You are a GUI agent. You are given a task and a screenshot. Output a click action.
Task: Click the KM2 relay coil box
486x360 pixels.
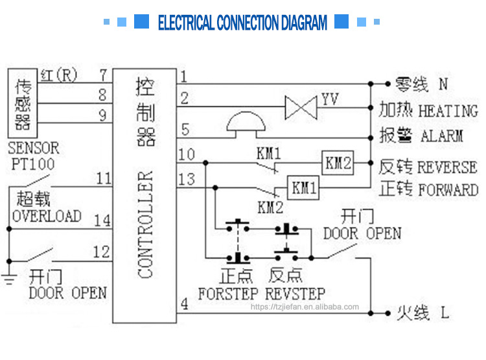(338, 163)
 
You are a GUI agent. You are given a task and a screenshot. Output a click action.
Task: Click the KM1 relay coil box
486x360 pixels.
(304, 188)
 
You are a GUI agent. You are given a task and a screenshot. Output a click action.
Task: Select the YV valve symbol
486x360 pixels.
(301, 107)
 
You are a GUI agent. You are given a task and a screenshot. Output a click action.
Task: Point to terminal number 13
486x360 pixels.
(186, 179)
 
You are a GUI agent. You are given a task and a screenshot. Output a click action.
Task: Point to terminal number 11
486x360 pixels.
(103, 178)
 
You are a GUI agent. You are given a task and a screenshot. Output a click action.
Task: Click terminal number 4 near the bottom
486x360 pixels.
(184, 302)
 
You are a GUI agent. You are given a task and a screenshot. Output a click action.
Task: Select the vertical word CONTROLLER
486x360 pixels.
(145, 224)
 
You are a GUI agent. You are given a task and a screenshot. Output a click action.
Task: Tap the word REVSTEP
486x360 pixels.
(295, 293)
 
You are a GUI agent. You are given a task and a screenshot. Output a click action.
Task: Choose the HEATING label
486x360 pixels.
(448, 111)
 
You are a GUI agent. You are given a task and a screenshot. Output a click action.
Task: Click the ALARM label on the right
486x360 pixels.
(442, 136)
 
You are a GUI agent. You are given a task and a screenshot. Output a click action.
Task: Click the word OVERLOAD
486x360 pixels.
(47, 216)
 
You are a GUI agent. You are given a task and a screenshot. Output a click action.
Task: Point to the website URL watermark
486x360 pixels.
(304, 307)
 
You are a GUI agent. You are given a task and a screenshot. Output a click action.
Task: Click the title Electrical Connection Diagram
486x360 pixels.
(243, 23)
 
